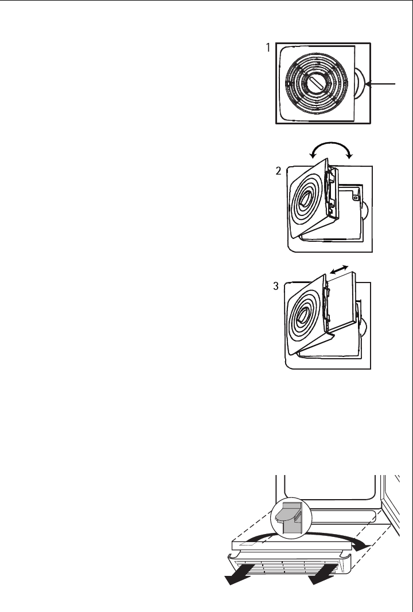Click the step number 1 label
pyautogui.click(x=268, y=49)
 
